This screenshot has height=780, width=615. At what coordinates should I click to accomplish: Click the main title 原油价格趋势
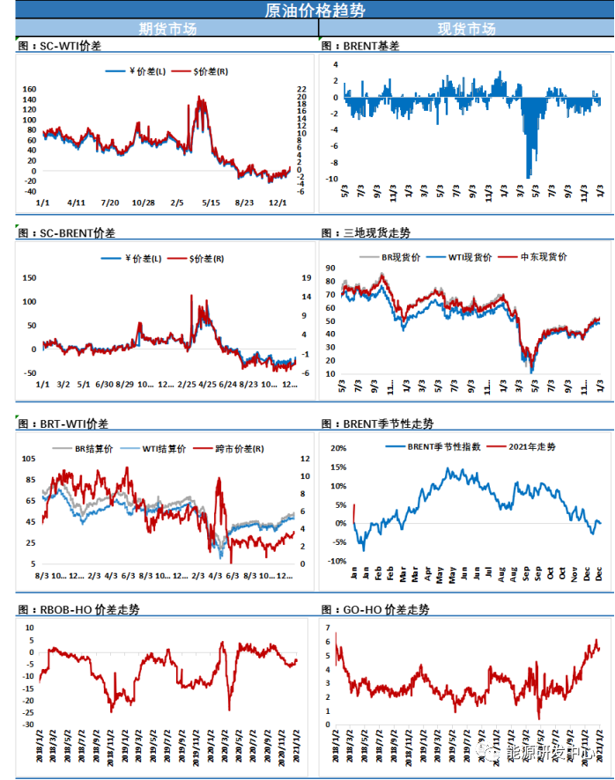point(307,10)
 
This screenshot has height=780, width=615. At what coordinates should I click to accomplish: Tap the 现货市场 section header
point(466,28)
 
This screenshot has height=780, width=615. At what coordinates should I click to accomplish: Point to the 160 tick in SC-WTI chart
point(28,90)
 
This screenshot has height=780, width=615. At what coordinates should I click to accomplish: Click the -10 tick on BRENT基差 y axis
point(332,179)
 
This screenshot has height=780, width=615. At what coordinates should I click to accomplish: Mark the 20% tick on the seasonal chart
point(337,447)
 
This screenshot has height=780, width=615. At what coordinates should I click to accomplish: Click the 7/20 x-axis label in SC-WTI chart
point(109,203)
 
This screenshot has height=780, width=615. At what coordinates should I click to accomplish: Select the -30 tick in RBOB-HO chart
point(27,725)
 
